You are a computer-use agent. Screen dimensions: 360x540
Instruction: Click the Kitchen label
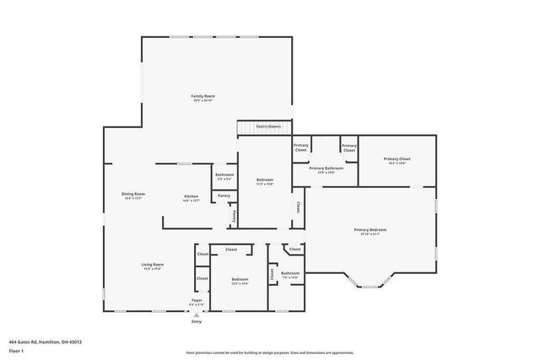(192, 198)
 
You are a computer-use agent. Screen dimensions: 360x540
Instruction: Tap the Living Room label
(152, 266)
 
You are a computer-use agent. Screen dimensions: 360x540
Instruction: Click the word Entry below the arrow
(197, 321)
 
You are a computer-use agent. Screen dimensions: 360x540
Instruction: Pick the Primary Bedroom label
(370, 232)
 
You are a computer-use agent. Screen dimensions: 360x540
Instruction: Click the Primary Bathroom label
(326, 169)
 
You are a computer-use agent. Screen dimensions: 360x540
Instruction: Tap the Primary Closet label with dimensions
(397, 160)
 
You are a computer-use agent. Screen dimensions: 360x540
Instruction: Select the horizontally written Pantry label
(224, 196)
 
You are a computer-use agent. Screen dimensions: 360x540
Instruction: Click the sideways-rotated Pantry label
(232, 216)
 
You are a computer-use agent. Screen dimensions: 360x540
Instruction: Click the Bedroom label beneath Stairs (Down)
(263, 181)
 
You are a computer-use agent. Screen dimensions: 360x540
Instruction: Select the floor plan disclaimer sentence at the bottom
(269, 352)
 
